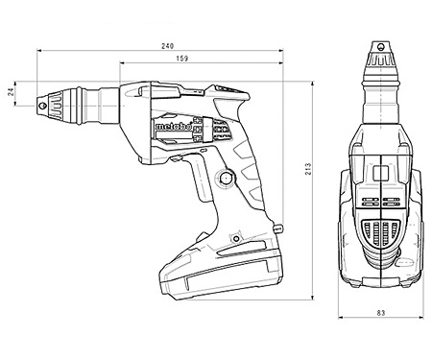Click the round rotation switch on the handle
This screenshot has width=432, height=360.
click(x=227, y=178)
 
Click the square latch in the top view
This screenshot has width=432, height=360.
click(x=379, y=174)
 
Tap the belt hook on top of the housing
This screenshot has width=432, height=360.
click(x=221, y=89)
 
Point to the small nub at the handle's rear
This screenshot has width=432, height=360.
click(x=281, y=228)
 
